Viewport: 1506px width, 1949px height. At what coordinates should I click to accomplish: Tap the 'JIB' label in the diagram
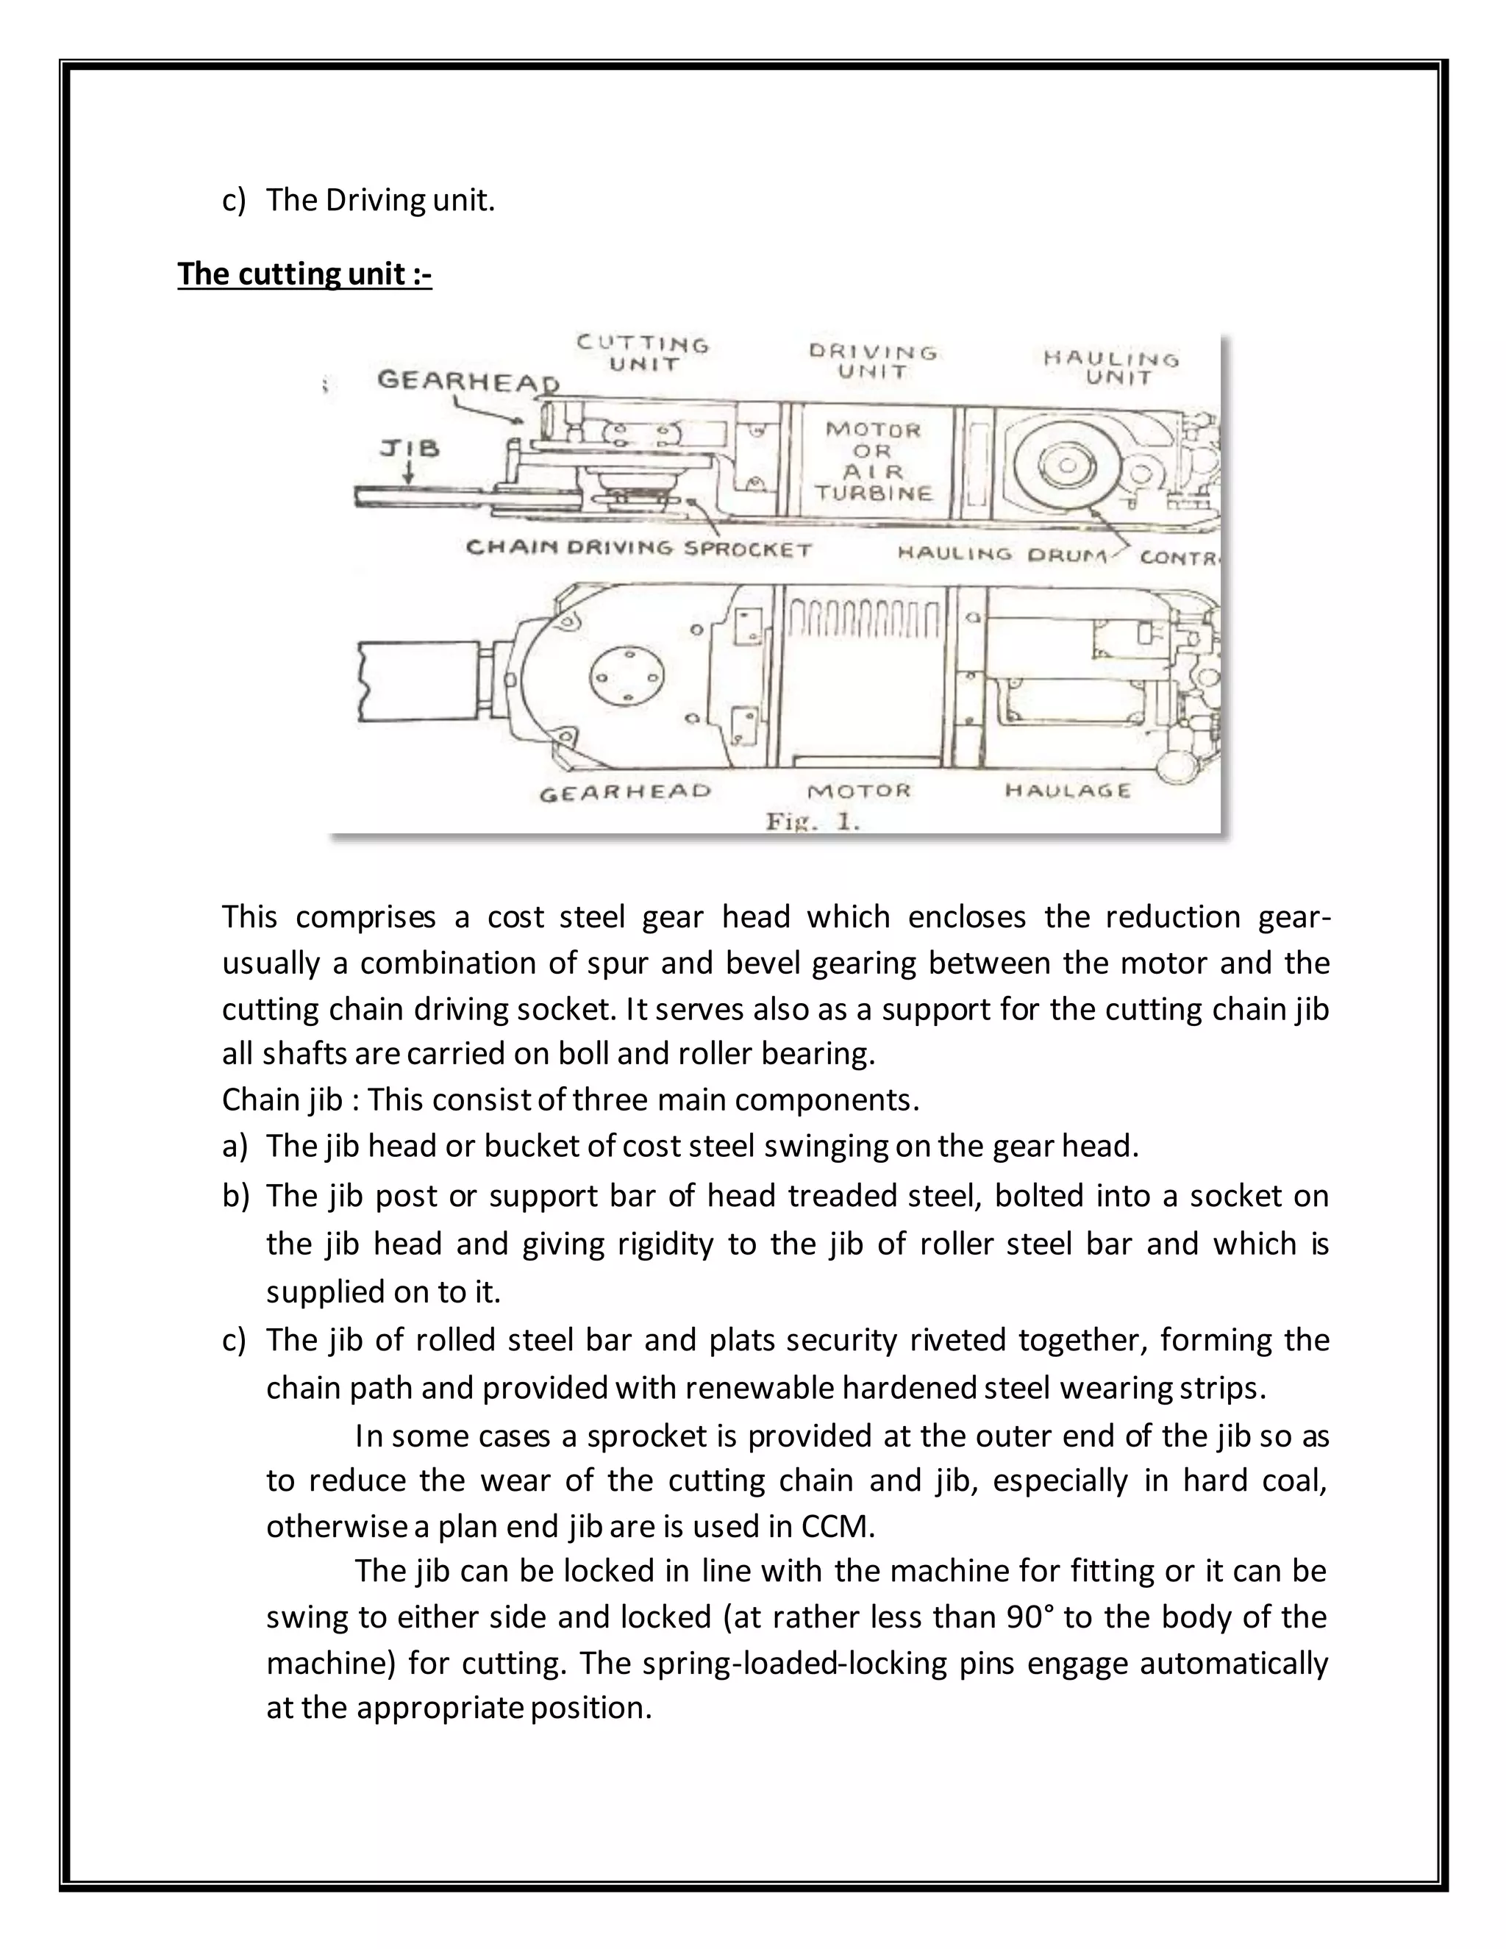410,447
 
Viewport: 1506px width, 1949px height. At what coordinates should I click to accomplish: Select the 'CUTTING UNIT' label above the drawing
643,353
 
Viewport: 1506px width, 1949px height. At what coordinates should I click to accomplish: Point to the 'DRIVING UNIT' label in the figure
873,361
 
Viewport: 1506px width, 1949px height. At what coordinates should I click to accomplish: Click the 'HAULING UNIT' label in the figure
1112,368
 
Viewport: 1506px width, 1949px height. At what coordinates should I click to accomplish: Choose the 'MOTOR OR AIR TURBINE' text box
873,460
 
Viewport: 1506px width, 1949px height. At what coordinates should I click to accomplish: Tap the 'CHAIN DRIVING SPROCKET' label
639,548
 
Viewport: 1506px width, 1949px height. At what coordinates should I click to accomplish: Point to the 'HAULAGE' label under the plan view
1067,791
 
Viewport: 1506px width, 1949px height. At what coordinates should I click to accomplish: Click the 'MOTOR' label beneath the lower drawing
858,791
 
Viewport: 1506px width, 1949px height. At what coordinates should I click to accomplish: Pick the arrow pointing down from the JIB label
407,473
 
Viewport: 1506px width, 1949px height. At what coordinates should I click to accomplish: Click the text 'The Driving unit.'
380,200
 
